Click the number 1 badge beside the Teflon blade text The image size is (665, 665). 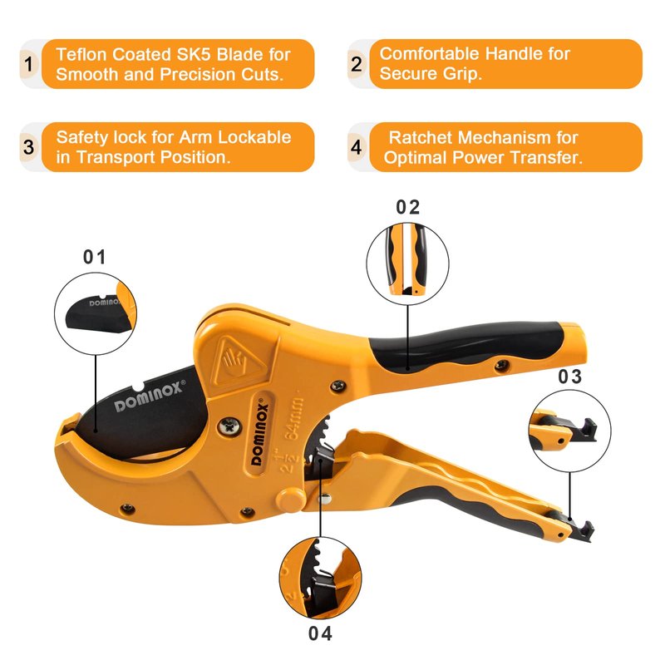tap(29, 65)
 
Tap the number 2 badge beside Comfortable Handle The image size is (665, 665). tap(357, 64)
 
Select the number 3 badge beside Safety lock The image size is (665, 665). tap(29, 147)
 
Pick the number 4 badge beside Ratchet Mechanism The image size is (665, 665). tap(357, 147)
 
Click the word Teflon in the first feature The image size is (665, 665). tap(81, 54)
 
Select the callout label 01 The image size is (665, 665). tap(94, 257)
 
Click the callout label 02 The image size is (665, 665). tap(408, 207)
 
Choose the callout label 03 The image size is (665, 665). tap(569, 377)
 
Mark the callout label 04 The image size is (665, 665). tap(320, 633)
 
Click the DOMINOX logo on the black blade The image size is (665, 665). tap(150, 396)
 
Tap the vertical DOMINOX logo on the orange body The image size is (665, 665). tap(260, 434)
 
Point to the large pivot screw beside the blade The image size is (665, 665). tap(230, 426)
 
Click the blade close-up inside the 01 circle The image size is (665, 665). tap(96, 314)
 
